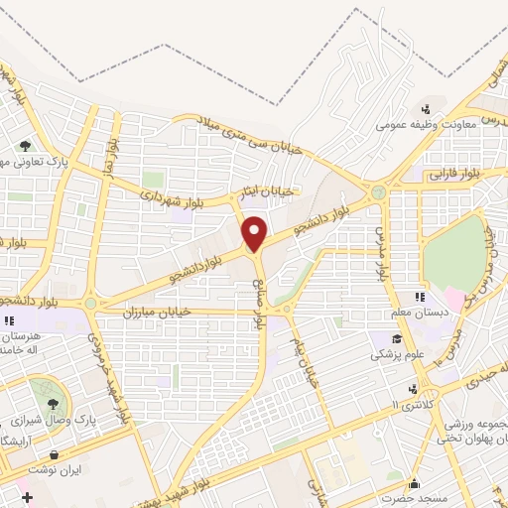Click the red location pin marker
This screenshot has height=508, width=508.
click(x=255, y=234)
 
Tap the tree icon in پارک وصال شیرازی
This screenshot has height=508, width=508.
click(x=52, y=405)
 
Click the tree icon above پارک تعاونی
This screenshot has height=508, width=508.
click(x=25, y=145)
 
